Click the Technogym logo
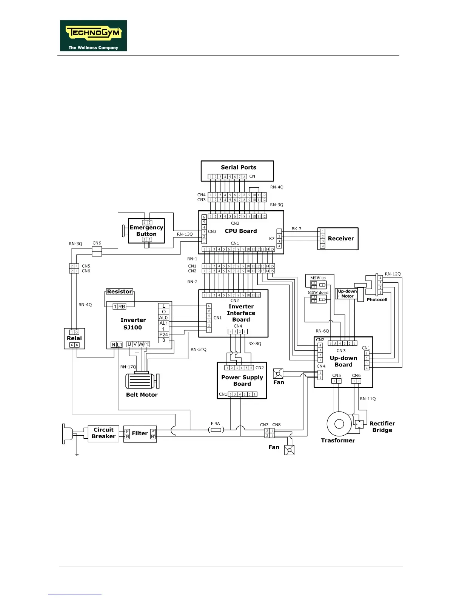pos(93,35)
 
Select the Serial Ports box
pos(237,171)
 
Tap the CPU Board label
pos(240,231)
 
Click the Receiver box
pos(338,239)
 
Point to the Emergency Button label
pos(146,231)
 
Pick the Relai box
pos(74,338)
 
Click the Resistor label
pos(119,291)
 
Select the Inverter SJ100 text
pos(133,324)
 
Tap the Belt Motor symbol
pos(141,381)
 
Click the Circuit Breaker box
pos(103,433)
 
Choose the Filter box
pos(140,434)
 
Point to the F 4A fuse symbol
pos(216,430)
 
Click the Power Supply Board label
pos(242,381)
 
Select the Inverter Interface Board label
pos(241,313)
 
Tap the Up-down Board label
pos(343,361)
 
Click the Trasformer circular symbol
pos(339,424)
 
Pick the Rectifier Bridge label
pos(382,427)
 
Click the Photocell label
pos(377,300)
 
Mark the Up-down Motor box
pos(347,294)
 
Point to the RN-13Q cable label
pos(185,234)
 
